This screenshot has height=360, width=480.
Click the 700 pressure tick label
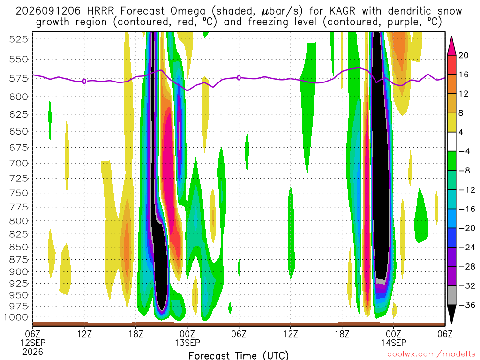pyautogui.click(x=19, y=163)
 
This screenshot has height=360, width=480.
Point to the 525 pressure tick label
pyautogui.click(x=19, y=39)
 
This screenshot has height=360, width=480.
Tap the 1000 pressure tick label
pyautogui.click(x=16, y=317)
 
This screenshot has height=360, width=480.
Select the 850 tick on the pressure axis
pyautogui.click(x=19, y=247)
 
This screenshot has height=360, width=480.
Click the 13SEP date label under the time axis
pyautogui.click(x=187, y=343)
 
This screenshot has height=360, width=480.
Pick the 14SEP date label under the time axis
pyautogui.click(x=394, y=343)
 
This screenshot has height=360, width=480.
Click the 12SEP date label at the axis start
pyautogui.click(x=33, y=343)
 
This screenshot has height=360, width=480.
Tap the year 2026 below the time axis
pyautogui.click(x=33, y=352)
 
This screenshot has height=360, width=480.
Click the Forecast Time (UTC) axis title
pyautogui.click(x=239, y=355)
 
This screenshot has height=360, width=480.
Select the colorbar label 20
pyautogui.click(x=463, y=55)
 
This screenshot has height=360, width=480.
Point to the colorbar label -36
pyautogui.click(x=467, y=305)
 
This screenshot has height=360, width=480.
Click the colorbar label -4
pyautogui.click(x=464, y=151)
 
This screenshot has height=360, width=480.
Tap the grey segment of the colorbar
pyautogui.click(x=451, y=295)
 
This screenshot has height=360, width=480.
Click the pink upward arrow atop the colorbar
pyautogui.click(x=451, y=46)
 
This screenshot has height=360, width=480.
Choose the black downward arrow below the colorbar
pyautogui.click(x=451, y=314)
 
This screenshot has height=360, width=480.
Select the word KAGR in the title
pyautogui.click(x=342, y=11)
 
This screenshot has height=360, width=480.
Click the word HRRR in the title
pyautogui.click(x=100, y=11)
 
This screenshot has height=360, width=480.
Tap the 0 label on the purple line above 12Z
pyautogui.click(x=84, y=81)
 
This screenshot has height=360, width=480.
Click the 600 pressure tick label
pyautogui.click(x=19, y=97)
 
